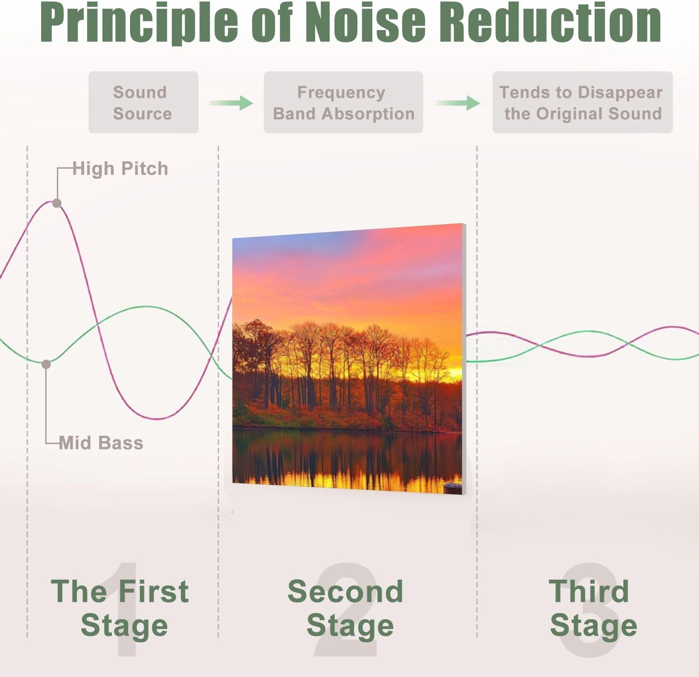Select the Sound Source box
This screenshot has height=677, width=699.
click(x=143, y=103)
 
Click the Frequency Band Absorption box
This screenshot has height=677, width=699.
click(x=343, y=103)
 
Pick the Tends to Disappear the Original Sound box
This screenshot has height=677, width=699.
click(x=582, y=103)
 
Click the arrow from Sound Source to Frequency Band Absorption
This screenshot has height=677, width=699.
click(x=231, y=103)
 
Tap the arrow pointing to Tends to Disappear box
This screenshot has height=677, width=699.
click(x=458, y=103)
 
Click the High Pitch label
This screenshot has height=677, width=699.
click(x=120, y=169)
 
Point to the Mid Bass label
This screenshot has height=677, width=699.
click(x=101, y=443)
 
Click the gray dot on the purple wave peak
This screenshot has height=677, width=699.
click(x=57, y=203)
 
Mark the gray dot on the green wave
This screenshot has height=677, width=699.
click(x=46, y=364)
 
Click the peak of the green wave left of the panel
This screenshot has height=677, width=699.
click(x=146, y=307)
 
